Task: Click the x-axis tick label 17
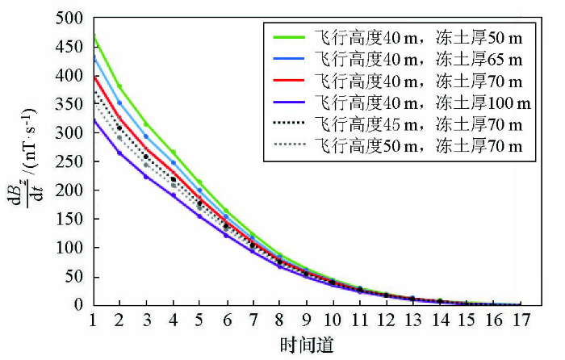[x=520, y=320]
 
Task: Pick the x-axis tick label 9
[x=307, y=320]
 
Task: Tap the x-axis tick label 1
[x=94, y=320]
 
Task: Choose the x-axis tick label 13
[x=413, y=320]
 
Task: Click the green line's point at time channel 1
[x=94, y=37]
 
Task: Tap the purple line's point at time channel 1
[x=94, y=120]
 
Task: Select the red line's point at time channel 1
[x=94, y=77]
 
